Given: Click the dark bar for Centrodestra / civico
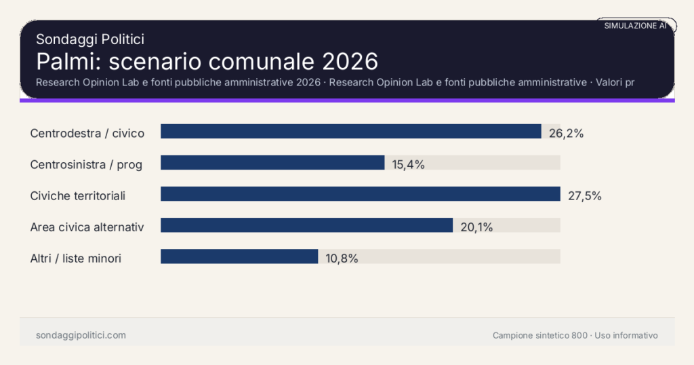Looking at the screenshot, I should click(350, 132).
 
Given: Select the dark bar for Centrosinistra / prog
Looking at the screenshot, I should click(272, 163).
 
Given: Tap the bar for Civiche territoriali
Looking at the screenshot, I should click(360, 194).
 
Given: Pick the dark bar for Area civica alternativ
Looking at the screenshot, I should click(306, 225).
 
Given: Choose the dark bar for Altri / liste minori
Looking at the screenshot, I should click(239, 256).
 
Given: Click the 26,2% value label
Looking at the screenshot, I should click(566, 133).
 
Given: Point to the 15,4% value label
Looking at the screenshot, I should click(408, 164).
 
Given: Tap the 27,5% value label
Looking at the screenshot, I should click(584, 196).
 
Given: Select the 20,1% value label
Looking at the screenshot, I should click(476, 227).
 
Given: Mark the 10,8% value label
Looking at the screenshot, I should click(341, 258).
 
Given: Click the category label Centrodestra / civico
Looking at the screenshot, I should click(87, 133).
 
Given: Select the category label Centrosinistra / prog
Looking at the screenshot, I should click(86, 164).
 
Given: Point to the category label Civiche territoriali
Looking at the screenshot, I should click(78, 195).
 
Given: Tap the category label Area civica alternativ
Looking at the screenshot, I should click(87, 227).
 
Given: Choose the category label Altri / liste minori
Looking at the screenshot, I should click(76, 258).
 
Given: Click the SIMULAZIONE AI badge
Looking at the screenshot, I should click(635, 26).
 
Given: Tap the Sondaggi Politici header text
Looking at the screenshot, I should click(89, 39).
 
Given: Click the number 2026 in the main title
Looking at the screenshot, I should click(350, 61).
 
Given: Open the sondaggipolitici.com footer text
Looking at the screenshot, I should click(81, 335).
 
